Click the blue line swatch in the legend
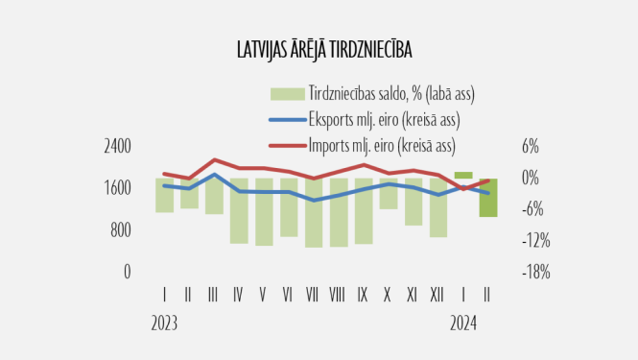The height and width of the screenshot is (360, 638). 286,120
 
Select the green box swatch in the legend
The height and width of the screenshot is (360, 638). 286,94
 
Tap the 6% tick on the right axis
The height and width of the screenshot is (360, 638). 531,146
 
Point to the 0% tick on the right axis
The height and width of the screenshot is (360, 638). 531,178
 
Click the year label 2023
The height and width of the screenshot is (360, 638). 165,323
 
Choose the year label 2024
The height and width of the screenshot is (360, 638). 464,323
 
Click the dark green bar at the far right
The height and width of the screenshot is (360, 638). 488,198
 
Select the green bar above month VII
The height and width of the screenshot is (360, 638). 313,212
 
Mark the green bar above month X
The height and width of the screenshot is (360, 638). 388,193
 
